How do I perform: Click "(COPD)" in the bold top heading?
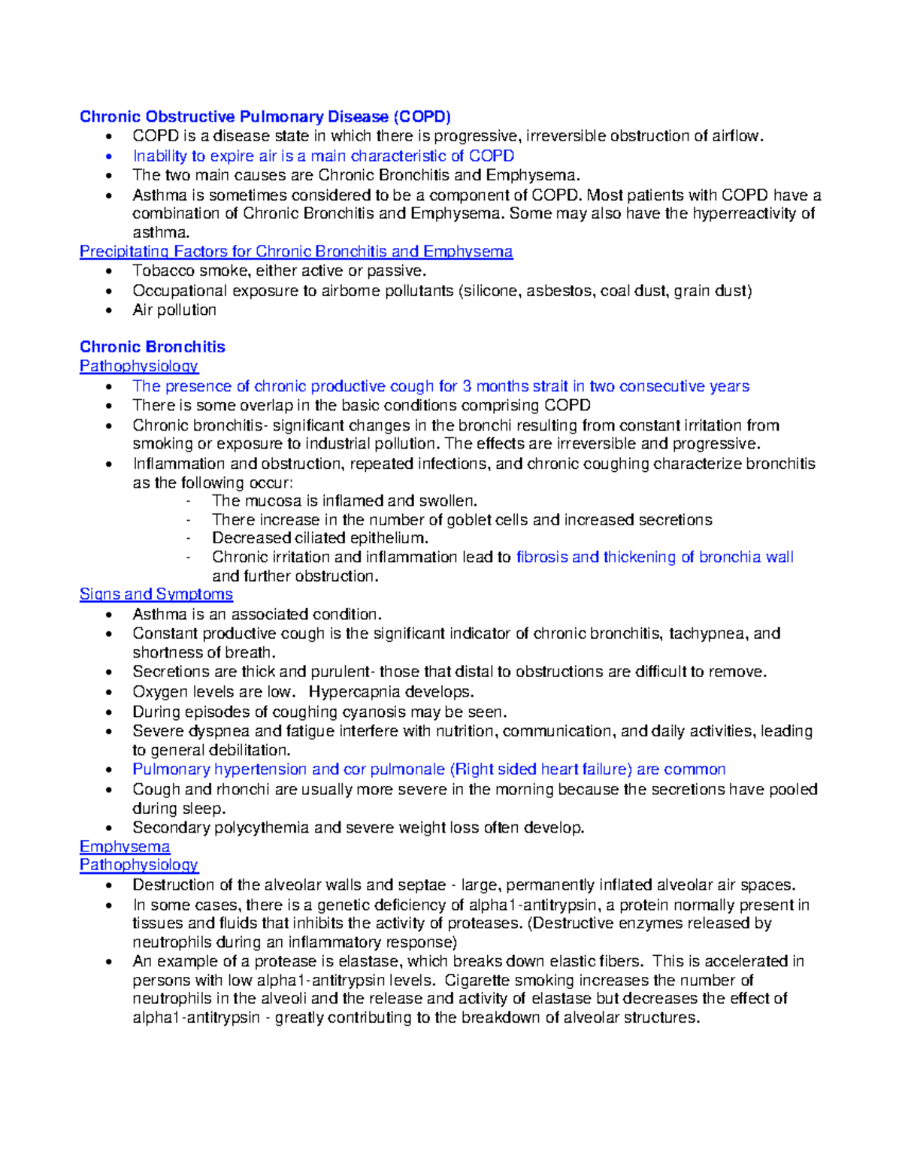coord(422,116)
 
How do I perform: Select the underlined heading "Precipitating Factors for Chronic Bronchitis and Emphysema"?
coord(296,252)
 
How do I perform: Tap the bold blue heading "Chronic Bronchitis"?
coord(153,346)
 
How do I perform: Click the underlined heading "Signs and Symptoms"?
coord(156,594)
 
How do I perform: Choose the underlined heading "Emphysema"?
coord(125,846)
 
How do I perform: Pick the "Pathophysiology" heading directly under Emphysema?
coord(139,865)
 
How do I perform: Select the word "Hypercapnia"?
coord(354,692)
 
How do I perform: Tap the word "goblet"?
coord(469,520)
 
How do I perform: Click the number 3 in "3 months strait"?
coord(467,386)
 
